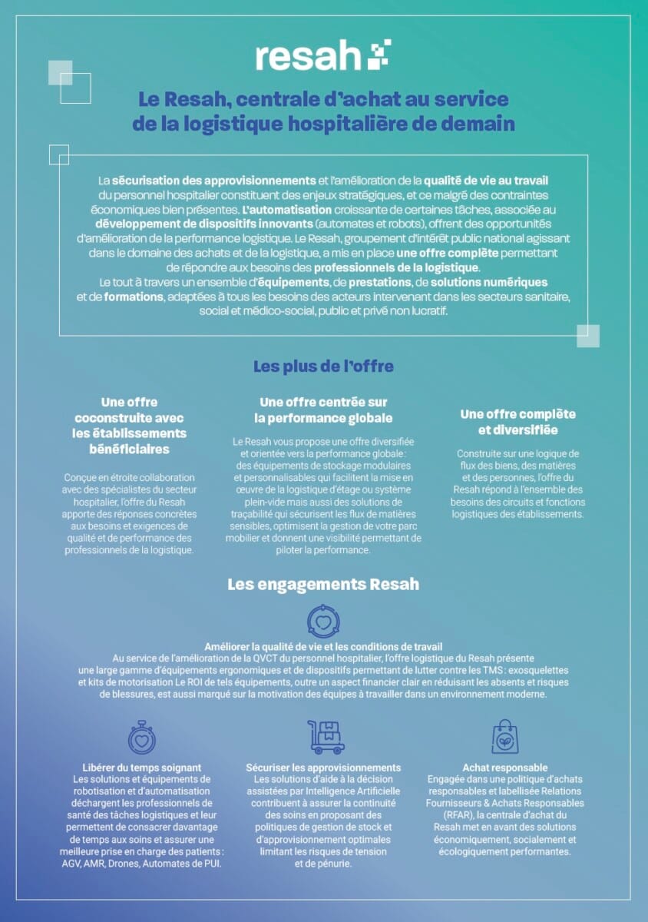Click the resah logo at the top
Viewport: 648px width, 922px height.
click(322, 56)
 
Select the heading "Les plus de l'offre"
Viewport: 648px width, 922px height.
click(323, 366)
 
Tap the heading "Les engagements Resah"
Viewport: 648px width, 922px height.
click(323, 585)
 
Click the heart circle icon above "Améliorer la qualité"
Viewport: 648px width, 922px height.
click(323, 621)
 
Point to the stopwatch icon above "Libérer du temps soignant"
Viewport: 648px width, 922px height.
click(142, 738)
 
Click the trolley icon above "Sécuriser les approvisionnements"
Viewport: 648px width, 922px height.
click(326, 737)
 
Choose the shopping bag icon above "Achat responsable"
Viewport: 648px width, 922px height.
click(504, 737)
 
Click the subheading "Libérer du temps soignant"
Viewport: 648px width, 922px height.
click(142, 768)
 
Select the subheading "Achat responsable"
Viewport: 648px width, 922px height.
click(504, 768)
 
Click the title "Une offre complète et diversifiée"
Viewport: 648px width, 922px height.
click(517, 422)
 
